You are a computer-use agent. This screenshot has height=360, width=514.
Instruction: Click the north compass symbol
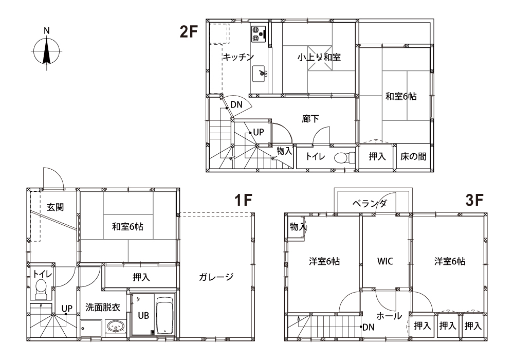46,50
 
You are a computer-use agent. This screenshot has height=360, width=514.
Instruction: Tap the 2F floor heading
189,32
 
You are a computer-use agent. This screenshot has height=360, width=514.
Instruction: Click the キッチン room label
238,57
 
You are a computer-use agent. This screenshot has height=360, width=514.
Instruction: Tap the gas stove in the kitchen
259,34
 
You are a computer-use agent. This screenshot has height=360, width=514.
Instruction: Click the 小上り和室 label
319,57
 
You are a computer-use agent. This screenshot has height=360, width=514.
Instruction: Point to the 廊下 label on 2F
310,119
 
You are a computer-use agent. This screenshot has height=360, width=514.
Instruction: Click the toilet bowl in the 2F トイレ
342,157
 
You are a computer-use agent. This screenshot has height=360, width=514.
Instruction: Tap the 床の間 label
413,156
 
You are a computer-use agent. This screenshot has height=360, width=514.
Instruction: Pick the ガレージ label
216,277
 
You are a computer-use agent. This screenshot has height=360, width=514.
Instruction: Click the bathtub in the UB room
166,315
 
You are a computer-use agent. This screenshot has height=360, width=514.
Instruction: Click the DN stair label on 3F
368,327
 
